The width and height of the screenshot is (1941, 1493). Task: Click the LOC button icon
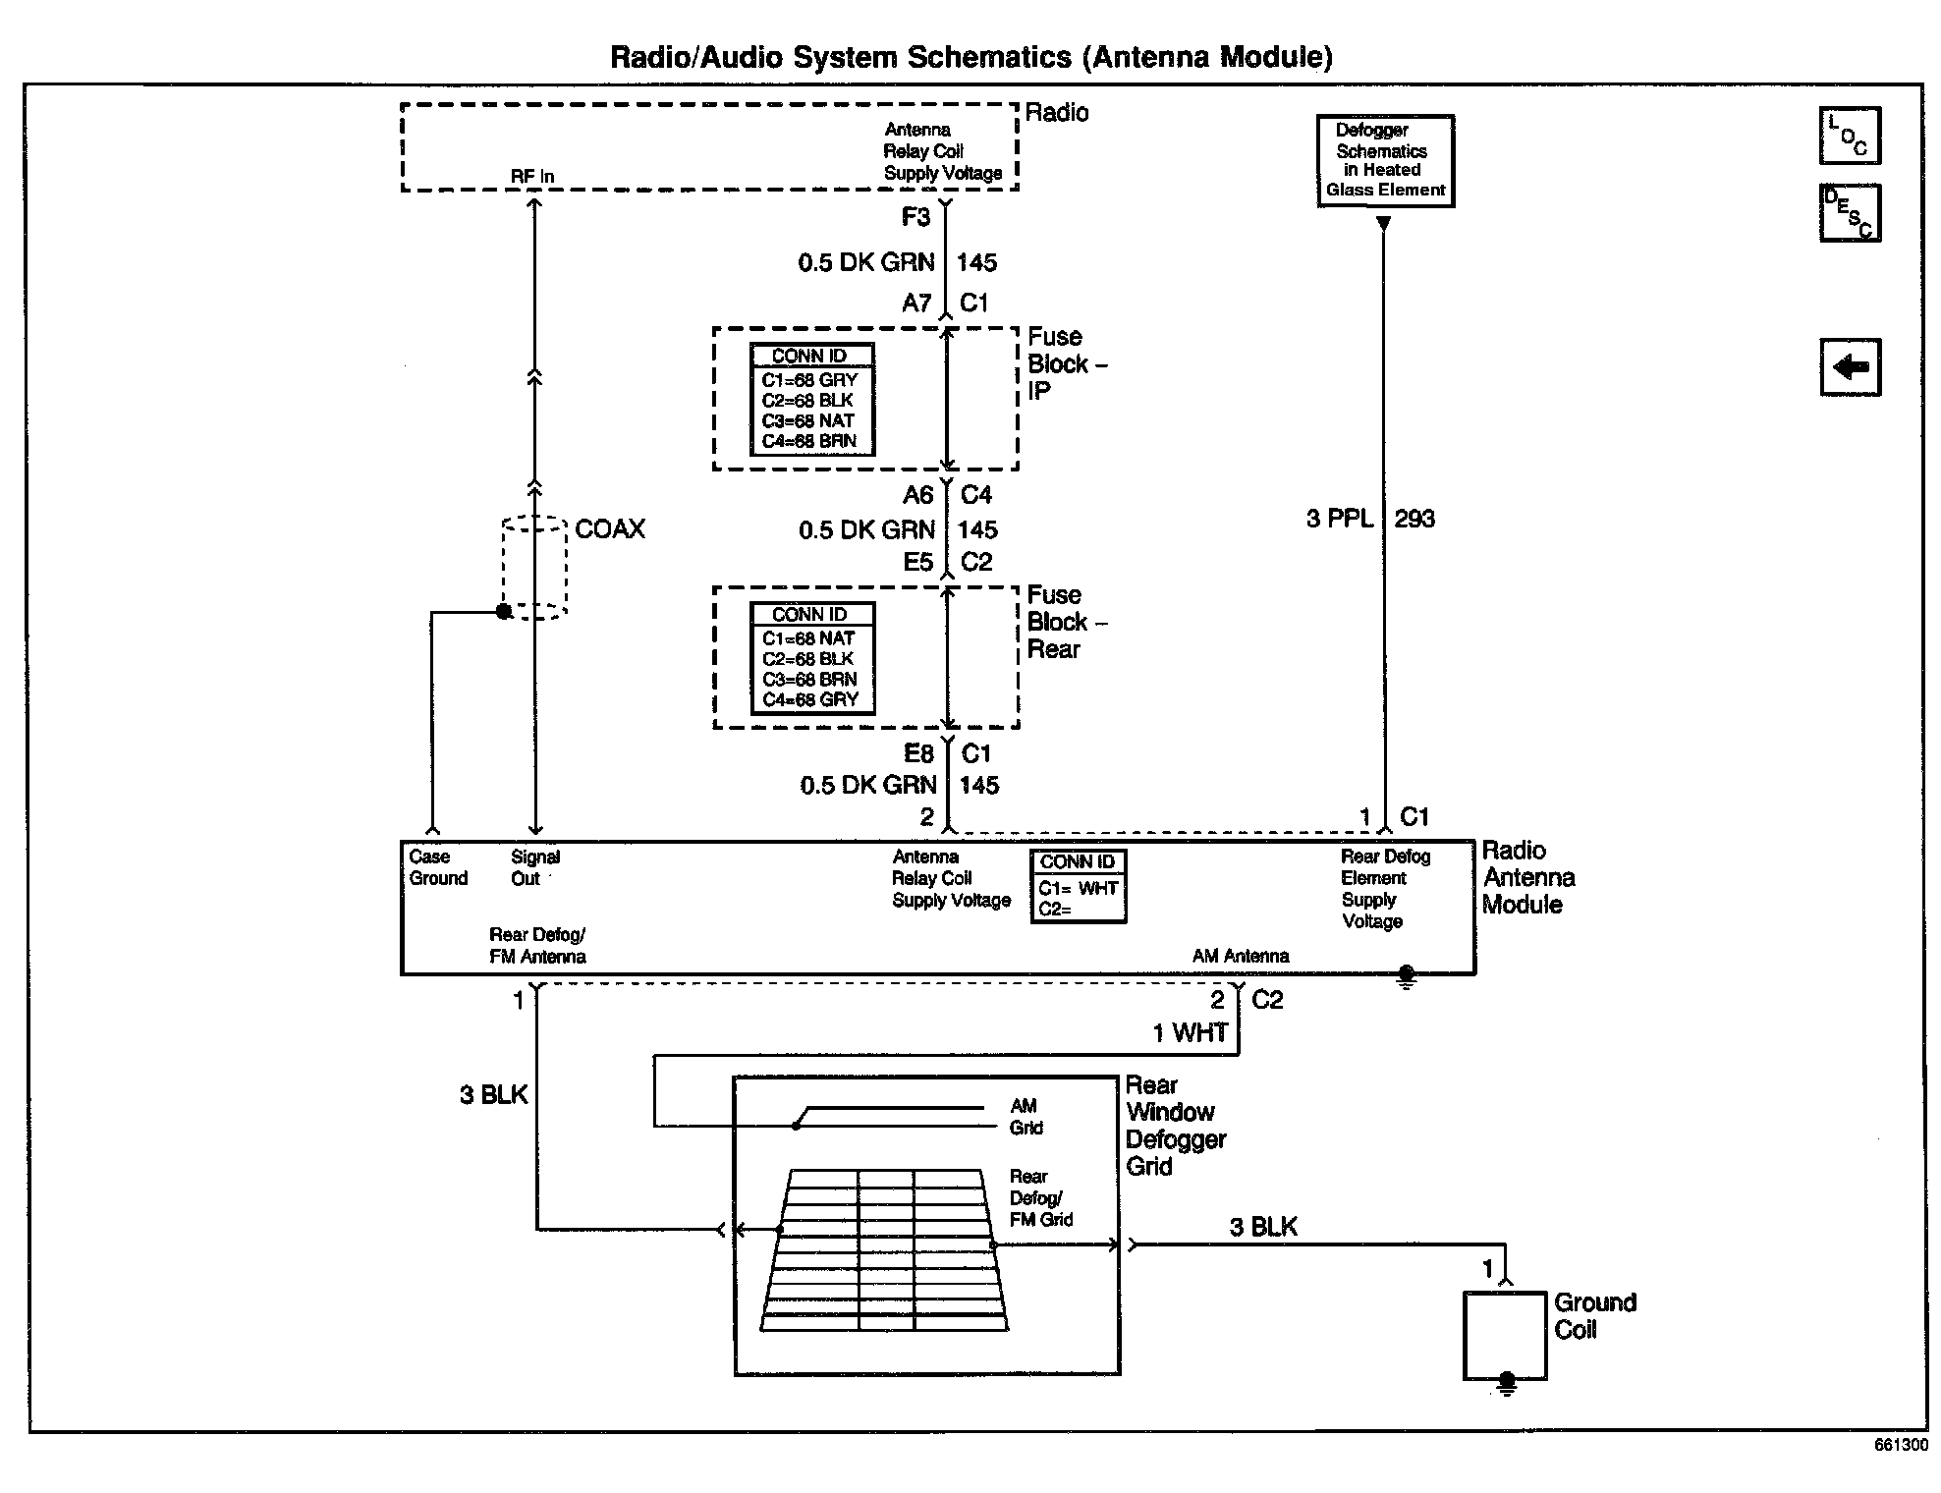(x=1850, y=136)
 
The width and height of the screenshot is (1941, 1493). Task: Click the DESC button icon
(x=1850, y=212)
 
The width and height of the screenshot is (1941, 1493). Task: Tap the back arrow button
(x=1850, y=367)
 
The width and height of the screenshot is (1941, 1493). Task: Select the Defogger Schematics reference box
(x=1385, y=161)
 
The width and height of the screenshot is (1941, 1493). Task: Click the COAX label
(x=610, y=529)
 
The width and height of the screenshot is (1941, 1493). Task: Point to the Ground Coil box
(x=1505, y=1335)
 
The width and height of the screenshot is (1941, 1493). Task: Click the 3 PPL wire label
(x=1340, y=519)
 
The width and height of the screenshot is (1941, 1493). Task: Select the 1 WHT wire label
(x=1191, y=1033)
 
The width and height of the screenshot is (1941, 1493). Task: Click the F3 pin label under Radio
(x=915, y=217)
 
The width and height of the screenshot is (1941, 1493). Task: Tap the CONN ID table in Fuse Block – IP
(x=811, y=399)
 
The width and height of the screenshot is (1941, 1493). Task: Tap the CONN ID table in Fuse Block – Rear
(x=811, y=657)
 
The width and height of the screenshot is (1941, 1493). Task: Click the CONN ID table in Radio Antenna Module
(x=1078, y=886)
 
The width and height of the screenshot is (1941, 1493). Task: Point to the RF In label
(x=532, y=177)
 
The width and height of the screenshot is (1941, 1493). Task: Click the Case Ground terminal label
(x=438, y=867)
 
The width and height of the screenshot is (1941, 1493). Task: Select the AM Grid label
(x=1026, y=1117)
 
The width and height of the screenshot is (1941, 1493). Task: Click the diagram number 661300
(x=1901, y=1445)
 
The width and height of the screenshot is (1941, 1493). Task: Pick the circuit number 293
(x=1414, y=519)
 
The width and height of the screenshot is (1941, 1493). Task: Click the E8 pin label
(x=918, y=754)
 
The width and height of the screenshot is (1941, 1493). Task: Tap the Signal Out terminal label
(x=534, y=867)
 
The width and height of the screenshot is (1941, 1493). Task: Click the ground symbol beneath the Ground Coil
(x=1506, y=1384)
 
